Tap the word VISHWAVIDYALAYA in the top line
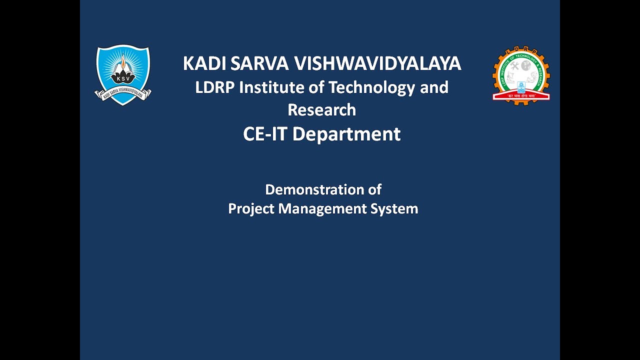(377, 64)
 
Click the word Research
(322, 110)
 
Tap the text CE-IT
(265, 134)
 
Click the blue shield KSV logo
(122, 70)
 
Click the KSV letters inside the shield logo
(122, 78)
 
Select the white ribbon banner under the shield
(123, 93)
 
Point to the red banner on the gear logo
(521, 95)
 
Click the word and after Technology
(434, 87)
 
